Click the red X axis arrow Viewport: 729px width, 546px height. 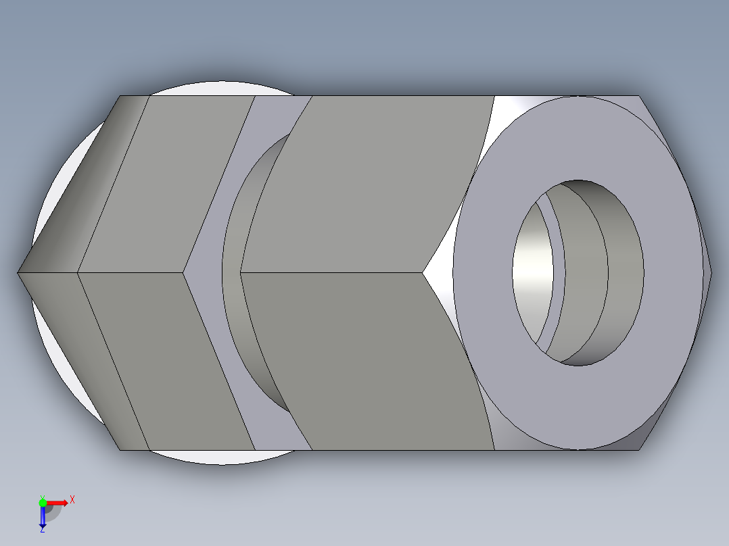click(x=57, y=502)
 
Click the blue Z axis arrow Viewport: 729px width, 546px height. click(x=42, y=517)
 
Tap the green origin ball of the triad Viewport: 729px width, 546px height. click(x=43, y=502)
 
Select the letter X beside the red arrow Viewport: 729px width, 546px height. click(x=72, y=499)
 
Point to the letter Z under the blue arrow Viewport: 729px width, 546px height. click(x=42, y=530)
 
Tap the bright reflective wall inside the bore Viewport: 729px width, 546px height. click(x=531, y=270)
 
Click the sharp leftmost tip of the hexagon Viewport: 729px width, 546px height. click(x=18, y=273)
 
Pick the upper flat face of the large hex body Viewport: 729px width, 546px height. click(x=365, y=182)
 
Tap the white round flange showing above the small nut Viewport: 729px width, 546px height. click(x=203, y=89)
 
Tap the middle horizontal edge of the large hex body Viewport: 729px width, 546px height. click(x=331, y=273)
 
